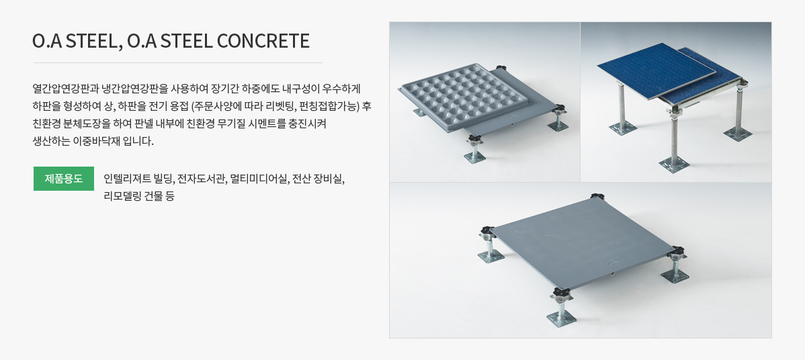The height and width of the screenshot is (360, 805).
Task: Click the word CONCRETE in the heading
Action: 263,41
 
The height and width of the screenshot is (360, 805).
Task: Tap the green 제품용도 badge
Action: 64,179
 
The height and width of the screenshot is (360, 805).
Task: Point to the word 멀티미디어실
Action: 259,179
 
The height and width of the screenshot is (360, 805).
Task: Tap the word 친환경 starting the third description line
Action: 46,124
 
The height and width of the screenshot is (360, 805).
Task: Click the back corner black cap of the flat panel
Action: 594,197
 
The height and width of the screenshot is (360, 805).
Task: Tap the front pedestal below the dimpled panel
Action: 475,150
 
